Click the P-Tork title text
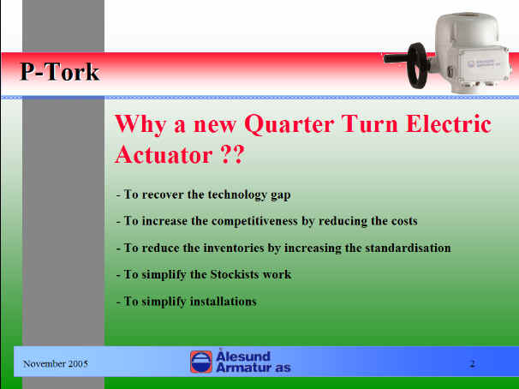(x=60, y=71)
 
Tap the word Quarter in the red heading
(x=289, y=124)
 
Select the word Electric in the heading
(x=448, y=124)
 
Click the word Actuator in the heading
(x=164, y=154)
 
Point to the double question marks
(x=232, y=154)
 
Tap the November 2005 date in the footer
(x=56, y=364)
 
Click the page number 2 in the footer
(x=473, y=364)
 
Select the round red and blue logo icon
(x=201, y=362)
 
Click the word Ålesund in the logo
(x=243, y=356)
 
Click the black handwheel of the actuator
(x=418, y=65)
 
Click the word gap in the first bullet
(x=280, y=195)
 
